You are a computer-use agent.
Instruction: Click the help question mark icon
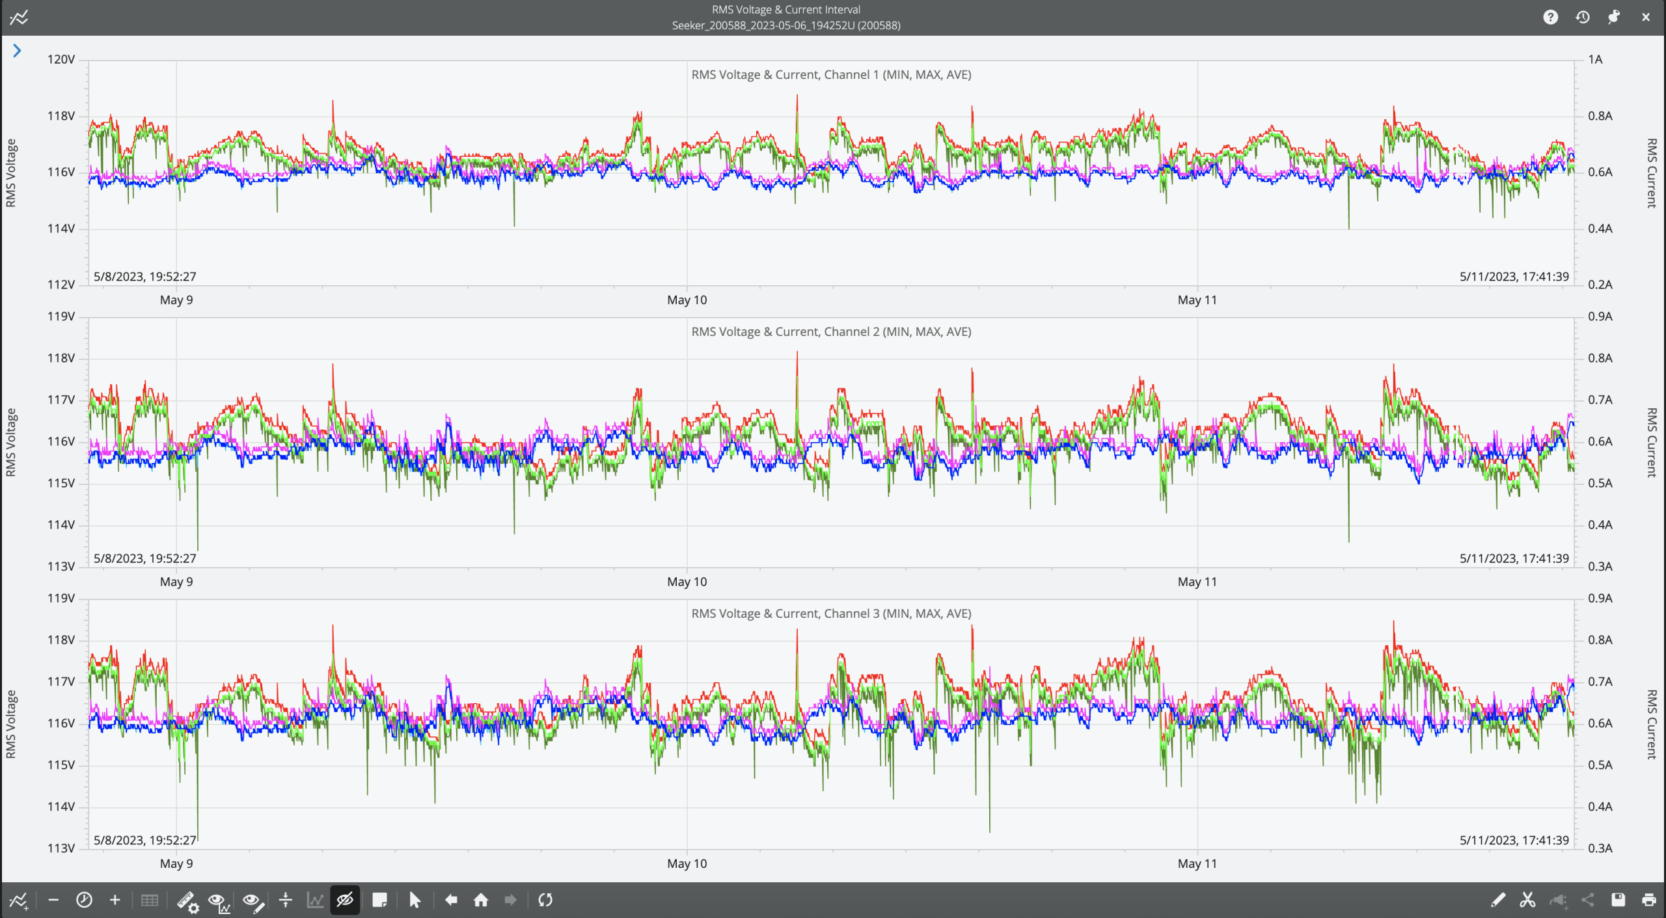1550,18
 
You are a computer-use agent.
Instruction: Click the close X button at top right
1646,18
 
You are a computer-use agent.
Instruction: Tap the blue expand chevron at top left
17,51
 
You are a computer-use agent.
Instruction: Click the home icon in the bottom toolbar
481,900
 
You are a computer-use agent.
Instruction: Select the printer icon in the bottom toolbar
1649,900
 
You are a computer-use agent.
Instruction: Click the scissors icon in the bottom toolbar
1527,900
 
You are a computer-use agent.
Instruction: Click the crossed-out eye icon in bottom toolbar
345,900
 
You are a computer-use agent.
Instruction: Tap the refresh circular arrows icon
545,900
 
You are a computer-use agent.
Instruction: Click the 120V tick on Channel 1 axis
61,59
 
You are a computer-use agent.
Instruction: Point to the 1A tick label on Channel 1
1595,59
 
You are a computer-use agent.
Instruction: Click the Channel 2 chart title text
831,331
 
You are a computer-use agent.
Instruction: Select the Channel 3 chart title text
831,613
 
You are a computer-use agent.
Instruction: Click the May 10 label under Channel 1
687,300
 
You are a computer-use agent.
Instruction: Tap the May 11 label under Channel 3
1197,863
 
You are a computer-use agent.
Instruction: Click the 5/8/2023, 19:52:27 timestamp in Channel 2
145,558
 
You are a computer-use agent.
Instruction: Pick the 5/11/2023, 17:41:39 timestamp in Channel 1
1514,276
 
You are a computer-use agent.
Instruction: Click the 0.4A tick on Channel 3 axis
1600,807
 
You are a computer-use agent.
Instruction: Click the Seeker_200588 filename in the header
785,25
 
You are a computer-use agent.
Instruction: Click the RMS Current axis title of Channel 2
1651,443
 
